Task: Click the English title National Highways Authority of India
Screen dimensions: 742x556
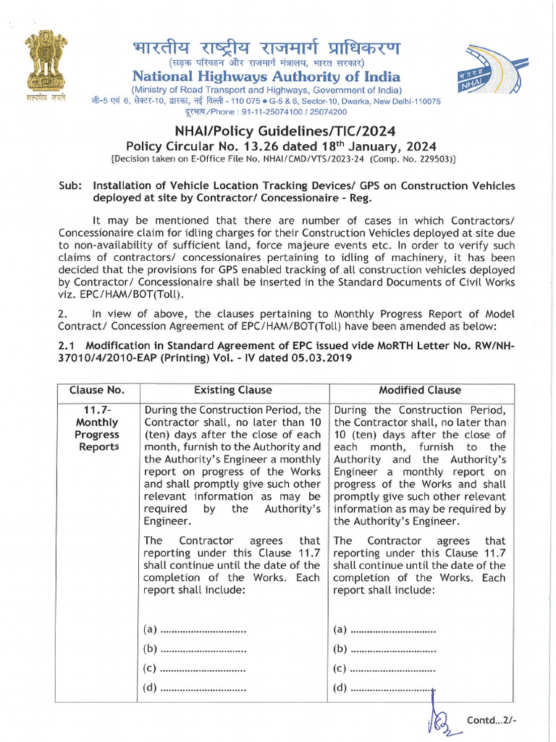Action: pyautogui.click(x=265, y=76)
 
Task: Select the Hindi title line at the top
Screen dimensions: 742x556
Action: pyautogui.click(x=266, y=49)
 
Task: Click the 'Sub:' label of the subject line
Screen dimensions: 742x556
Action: pyautogui.click(x=70, y=185)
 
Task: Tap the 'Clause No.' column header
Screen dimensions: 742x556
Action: pyautogui.click(x=96, y=390)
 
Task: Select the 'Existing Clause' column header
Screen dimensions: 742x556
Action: pyautogui.click(x=233, y=390)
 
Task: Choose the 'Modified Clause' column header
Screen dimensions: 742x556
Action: pyautogui.click(x=420, y=390)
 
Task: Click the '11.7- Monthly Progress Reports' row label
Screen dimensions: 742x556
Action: pyautogui.click(x=96, y=428)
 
